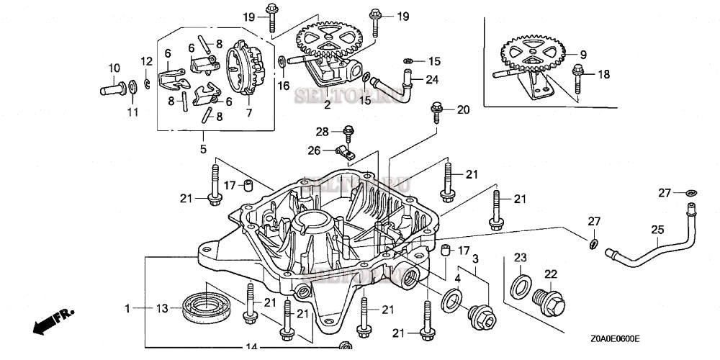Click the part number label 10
pyautogui.click(x=114, y=68)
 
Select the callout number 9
pyautogui.click(x=583, y=54)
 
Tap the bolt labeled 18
pyautogui.click(x=577, y=73)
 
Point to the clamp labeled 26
pyautogui.click(x=345, y=151)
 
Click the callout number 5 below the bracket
pyautogui.click(x=203, y=149)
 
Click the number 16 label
pyautogui.click(x=284, y=86)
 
